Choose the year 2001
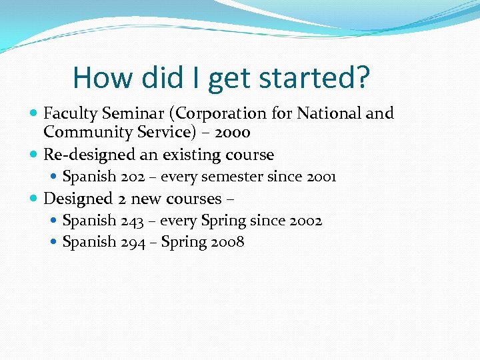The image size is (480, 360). tap(321, 177)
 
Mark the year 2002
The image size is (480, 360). tap(307, 221)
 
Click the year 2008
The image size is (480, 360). tap(229, 242)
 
